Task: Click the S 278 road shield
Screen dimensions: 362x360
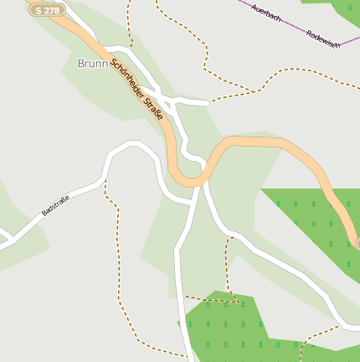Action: (x=48, y=10)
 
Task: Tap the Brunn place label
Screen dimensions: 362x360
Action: (x=93, y=63)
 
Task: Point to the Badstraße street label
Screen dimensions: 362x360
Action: (x=55, y=204)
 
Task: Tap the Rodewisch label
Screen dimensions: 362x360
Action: (x=323, y=39)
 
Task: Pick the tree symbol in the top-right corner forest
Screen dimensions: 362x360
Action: (x=348, y=8)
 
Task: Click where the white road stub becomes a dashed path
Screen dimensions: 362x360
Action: (x=208, y=102)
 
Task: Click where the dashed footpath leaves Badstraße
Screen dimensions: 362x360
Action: (x=105, y=178)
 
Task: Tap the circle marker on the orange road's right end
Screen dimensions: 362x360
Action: (x=358, y=243)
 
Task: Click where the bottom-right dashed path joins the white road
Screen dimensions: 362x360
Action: (x=338, y=327)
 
